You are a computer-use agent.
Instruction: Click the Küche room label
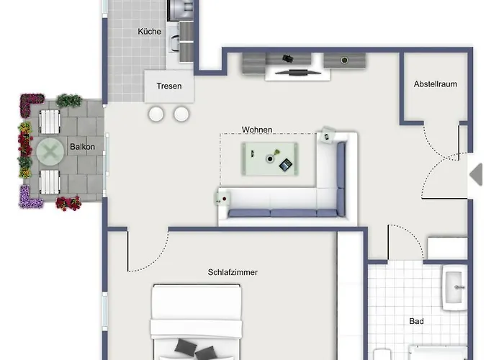pyautogui.click(x=149, y=32)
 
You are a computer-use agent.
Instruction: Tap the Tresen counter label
pyautogui.click(x=169, y=86)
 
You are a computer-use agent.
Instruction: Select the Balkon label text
pyautogui.click(x=82, y=147)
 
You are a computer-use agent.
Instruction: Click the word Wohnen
pyautogui.click(x=257, y=130)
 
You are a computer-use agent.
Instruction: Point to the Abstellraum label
pyautogui.click(x=435, y=84)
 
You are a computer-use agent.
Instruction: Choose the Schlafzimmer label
pyautogui.click(x=233, y=272)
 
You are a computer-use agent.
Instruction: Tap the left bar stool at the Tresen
pyautogui.click(x=157, y=114)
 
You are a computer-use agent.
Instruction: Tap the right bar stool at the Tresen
pyautogui.click(x=181, y=114)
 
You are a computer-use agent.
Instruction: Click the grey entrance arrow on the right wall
pyautogui.click(x=475, y=174)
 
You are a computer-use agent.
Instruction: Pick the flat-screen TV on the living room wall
pyautogui.click(x=294, y=72)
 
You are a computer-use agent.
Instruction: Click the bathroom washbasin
pyautogui.click(x=455, y=289)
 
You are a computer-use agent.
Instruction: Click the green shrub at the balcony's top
pyautogui.click(x=68, y=101)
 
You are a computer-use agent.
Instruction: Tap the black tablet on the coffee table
pyautogui.click(x=286, y=165)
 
